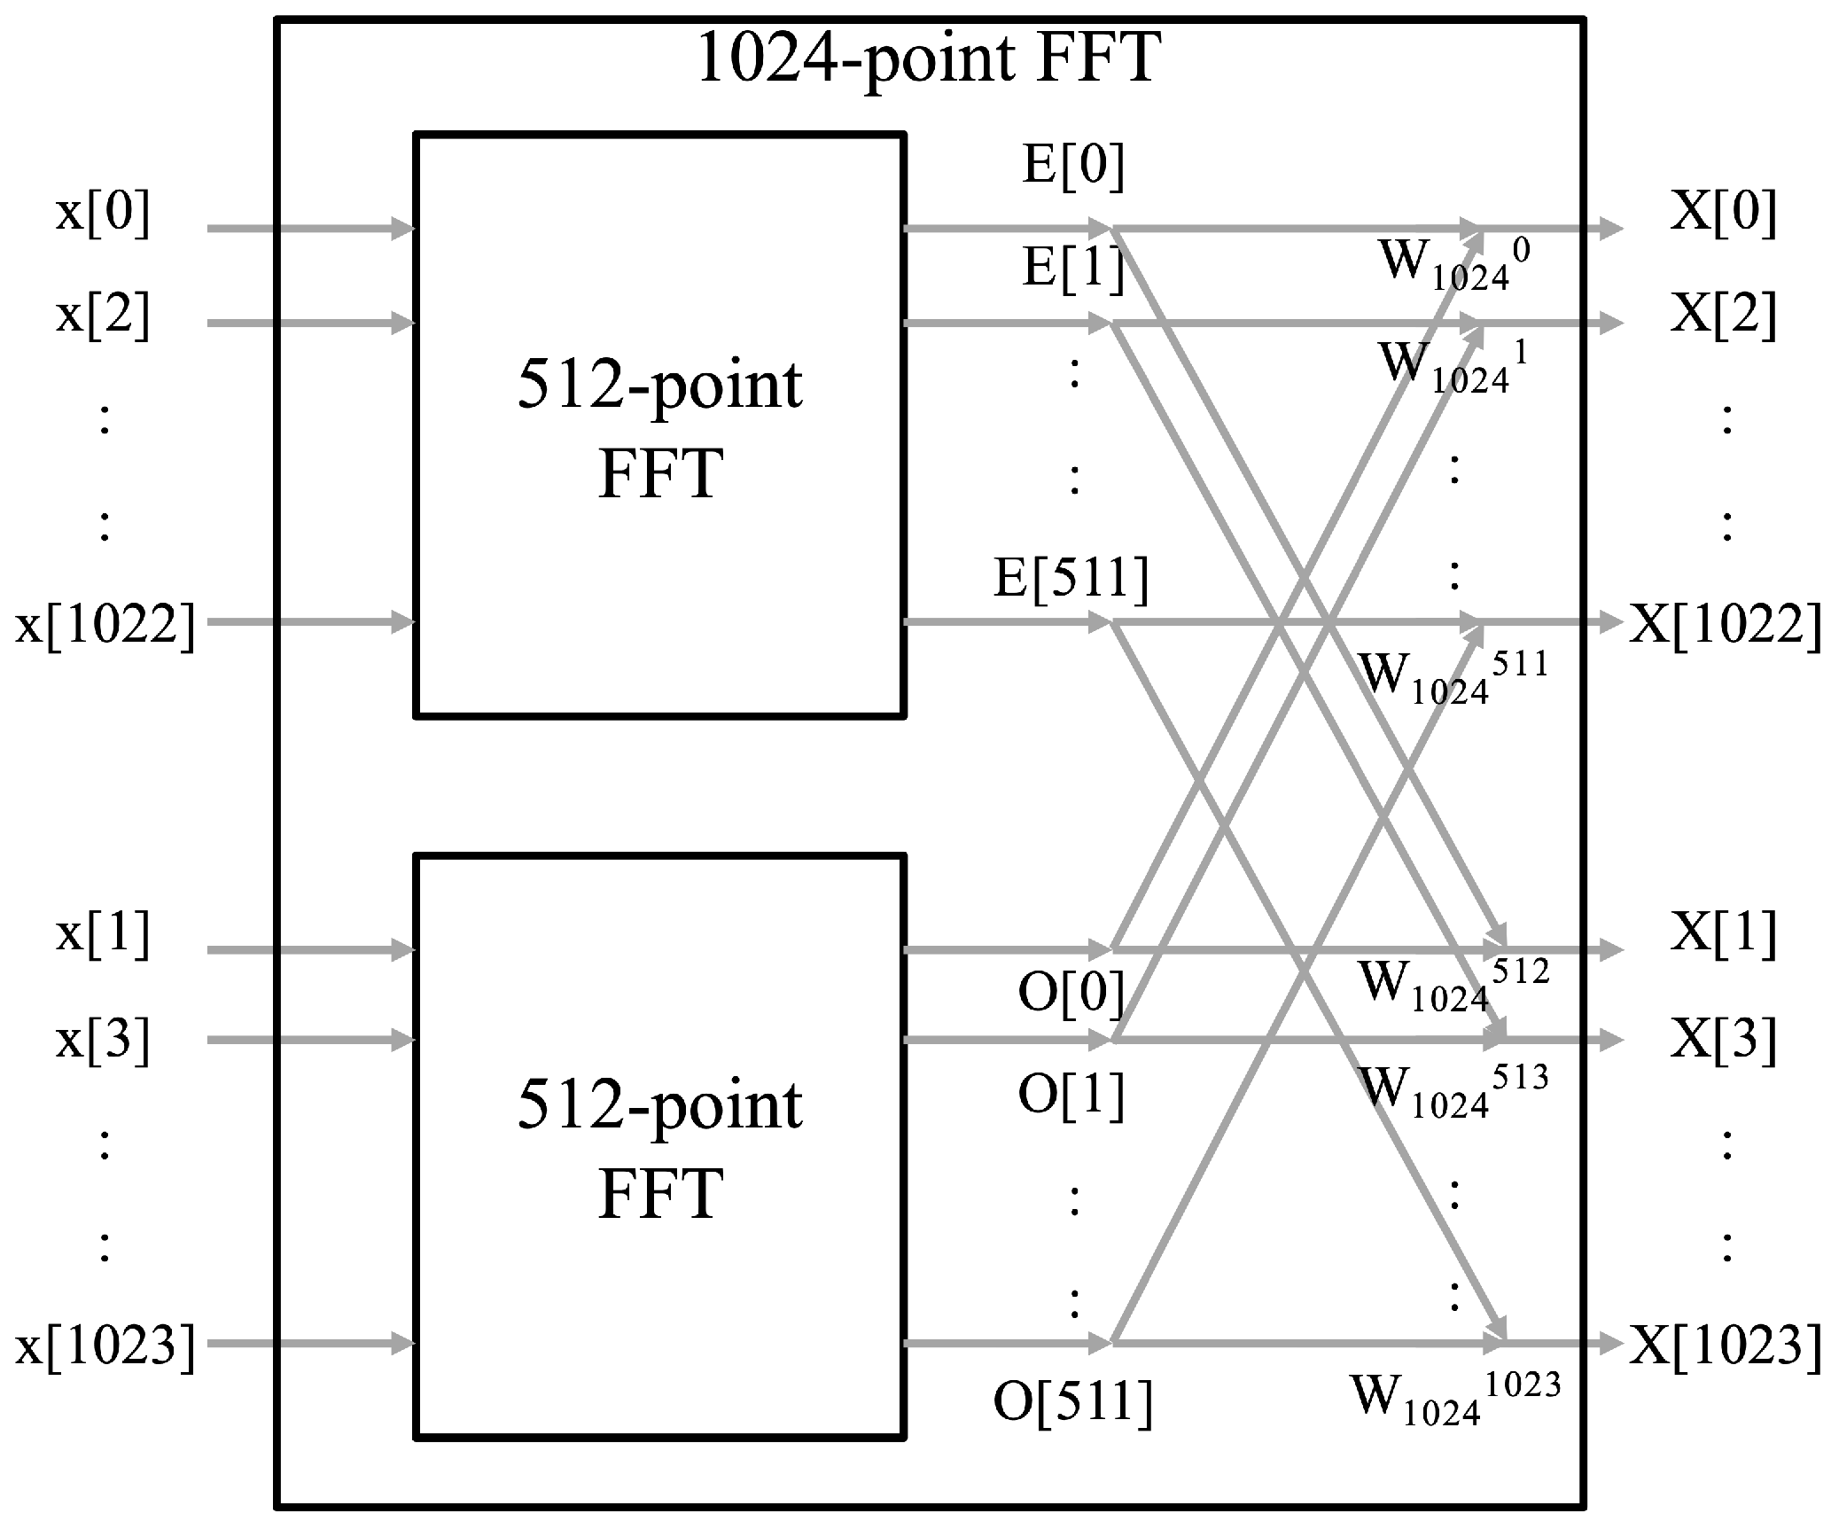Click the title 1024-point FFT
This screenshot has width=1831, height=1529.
coord(928,59)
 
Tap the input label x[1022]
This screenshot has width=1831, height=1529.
coord(105,625)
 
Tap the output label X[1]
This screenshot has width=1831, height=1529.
coord(1724,934)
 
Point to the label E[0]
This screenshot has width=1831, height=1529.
coord(1073,166)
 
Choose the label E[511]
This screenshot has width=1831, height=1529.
coord(1071,579)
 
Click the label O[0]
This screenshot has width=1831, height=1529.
coord(1071,992)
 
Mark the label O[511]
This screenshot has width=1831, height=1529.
coord(1073,1402)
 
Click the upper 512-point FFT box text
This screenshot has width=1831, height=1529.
coord(660,429)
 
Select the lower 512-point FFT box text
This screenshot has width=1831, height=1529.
coord(660,1150)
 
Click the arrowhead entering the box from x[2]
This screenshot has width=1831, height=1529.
coord(403,324)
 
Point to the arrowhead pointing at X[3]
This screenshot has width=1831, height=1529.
coord(1611,1040)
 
